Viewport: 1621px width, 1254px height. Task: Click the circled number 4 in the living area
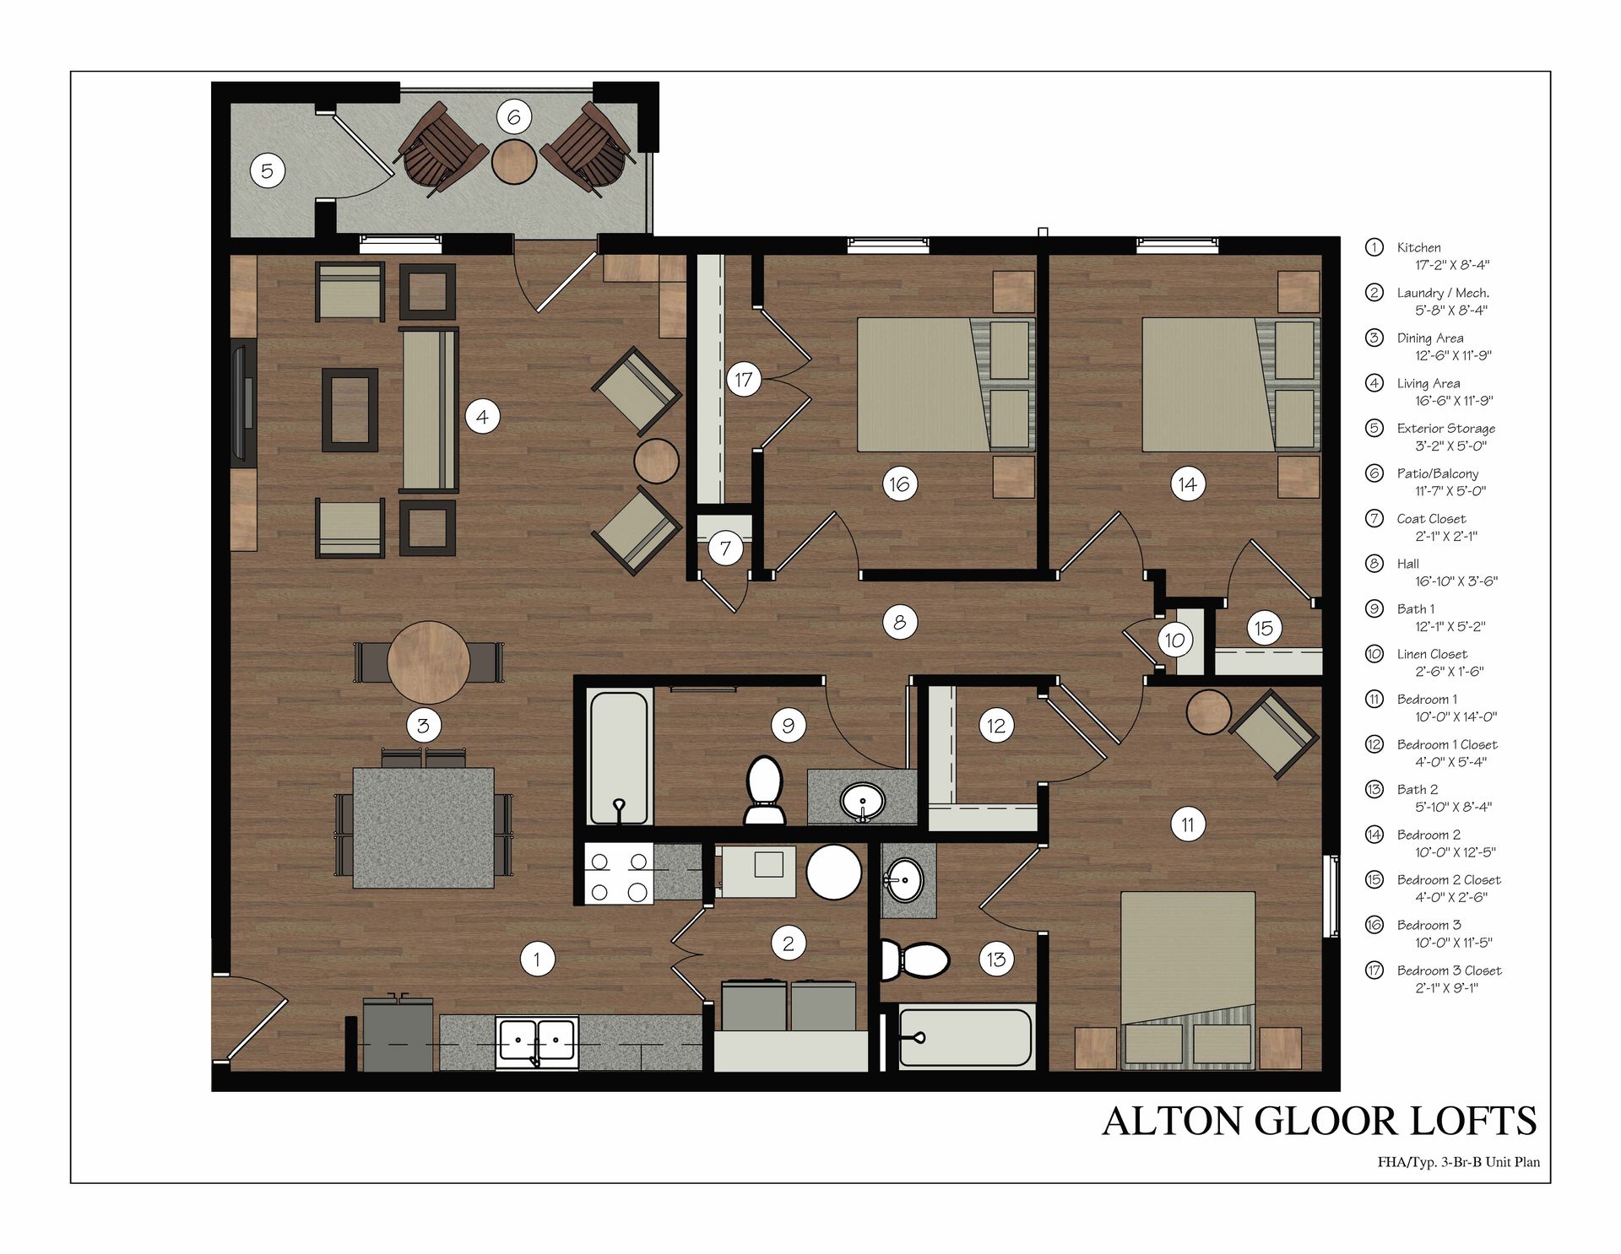click(482, 416)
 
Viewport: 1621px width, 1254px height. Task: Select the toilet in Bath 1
click(765, 789)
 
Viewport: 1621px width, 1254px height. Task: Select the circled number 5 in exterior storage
click(267, 171)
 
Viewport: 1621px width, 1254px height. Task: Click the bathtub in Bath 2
click(965, 1036)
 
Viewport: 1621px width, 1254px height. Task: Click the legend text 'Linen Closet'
click(1432, 654)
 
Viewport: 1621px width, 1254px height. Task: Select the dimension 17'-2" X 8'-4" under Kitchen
click(1452, 265)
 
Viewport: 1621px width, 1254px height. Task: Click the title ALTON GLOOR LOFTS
click(1319, 1121)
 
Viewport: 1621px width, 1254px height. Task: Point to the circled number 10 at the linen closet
click(1174, 640)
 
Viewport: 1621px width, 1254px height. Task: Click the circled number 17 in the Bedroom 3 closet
click(743, 380)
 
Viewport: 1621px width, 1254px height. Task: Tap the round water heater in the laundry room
click(833, 873)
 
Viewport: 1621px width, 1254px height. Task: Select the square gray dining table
click(423, 827)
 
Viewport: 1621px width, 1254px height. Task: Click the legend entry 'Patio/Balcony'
click(1437, 473)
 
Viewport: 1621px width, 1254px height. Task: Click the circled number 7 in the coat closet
click(725, 549)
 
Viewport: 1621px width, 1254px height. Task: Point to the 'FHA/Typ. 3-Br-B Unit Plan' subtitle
click(1458, 1162)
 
